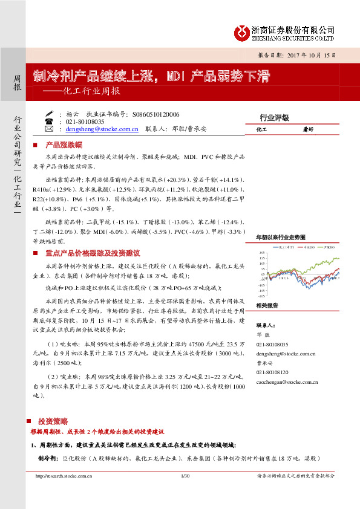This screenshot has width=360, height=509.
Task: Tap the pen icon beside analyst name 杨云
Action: tap(49, 113)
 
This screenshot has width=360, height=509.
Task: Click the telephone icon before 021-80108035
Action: tap(49, 121)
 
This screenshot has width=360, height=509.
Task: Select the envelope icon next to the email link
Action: tap(49, 129)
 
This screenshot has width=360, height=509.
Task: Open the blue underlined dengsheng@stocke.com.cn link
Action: tap(102, 129)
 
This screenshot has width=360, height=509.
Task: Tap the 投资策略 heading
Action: tap(53, 421)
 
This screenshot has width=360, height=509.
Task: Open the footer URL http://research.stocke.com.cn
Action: tap(64, 476)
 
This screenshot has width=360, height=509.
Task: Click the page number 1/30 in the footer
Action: tap(185, 476)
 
